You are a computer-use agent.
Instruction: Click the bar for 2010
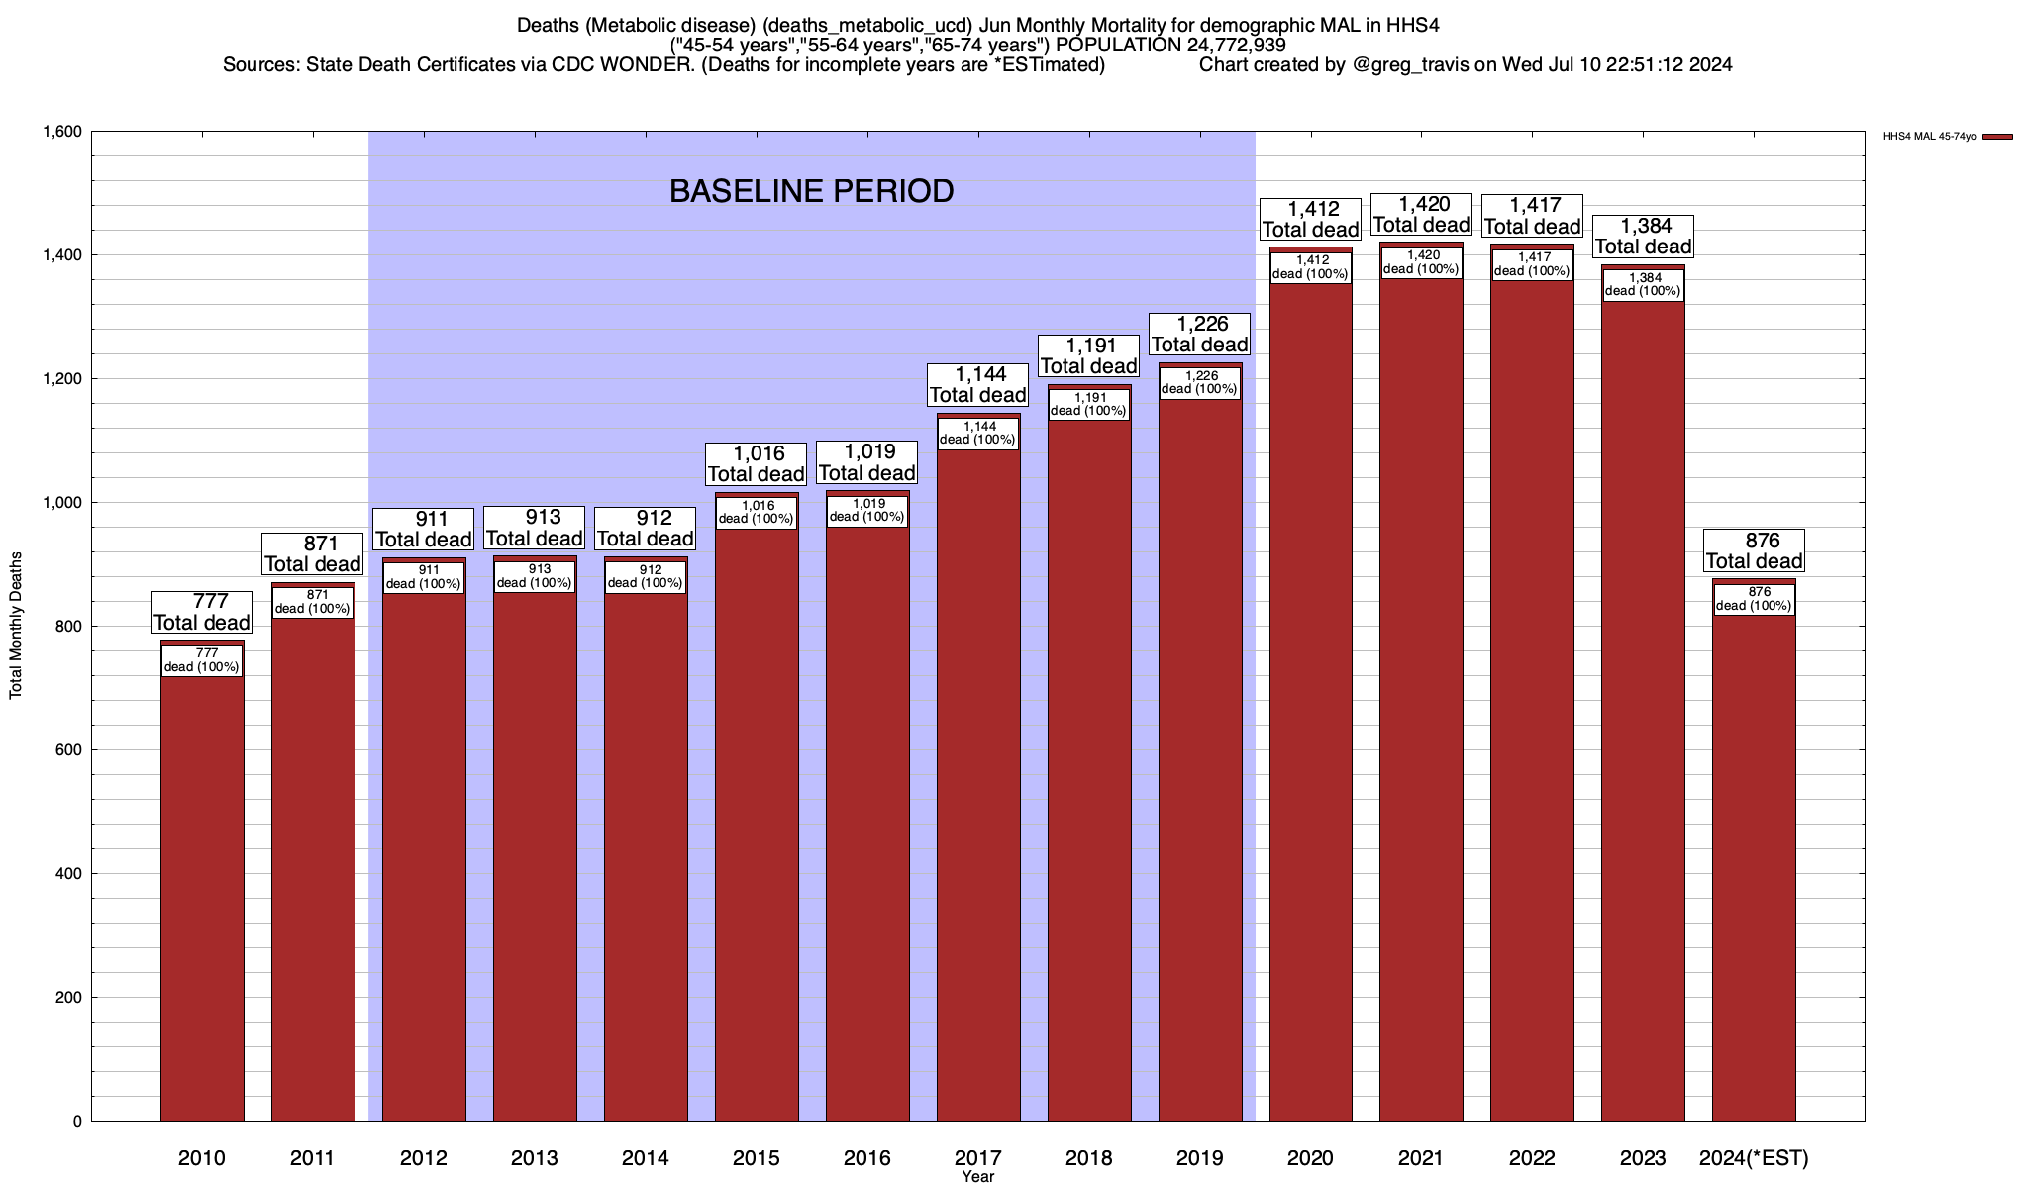point(202,891)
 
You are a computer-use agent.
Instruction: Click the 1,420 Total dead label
point(1421,215)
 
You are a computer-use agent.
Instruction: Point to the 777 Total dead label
point(201,612)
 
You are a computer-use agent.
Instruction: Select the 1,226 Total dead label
point(1199,335)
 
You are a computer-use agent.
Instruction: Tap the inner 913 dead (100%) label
point(535,576)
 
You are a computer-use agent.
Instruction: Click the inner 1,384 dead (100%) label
point(1643,284)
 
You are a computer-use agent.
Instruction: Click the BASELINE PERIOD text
point(811,191)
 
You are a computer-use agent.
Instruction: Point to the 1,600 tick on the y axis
point(61,132)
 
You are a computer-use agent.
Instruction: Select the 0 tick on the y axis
point(76,1122)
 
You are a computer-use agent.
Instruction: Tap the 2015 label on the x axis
point(756,1158)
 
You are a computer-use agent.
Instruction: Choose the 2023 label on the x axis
point(1643,1158)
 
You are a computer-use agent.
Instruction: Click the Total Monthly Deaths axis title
point(16,626)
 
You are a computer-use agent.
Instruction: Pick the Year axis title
point(977,1177)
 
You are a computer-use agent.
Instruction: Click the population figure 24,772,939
point(1230,46)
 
